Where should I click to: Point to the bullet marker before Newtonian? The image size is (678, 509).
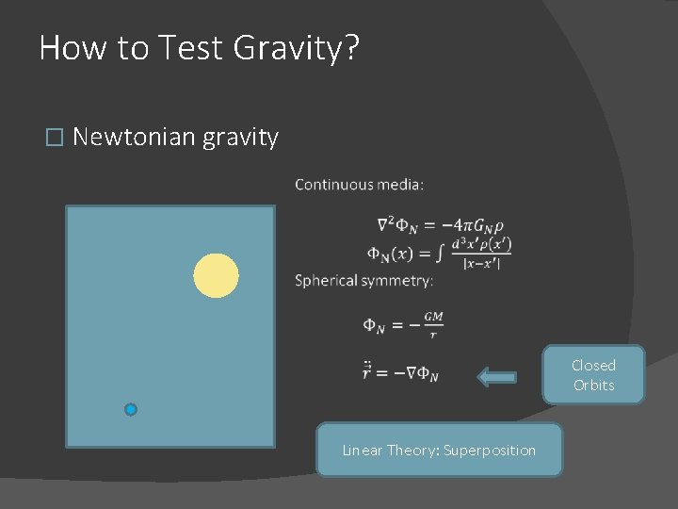(x=54, y=139)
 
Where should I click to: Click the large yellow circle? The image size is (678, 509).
(x=216, y=275)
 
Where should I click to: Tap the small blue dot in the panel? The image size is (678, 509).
(x=131, y=409)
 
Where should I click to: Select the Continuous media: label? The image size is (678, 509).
(x=360, y=185)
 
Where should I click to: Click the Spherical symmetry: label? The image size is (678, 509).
(x=364, y=281)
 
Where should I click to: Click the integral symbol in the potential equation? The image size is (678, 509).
(x=440, y=253)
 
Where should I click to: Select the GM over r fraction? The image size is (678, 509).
(x=433, y=324)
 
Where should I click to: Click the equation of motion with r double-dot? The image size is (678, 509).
(x=400, y=373)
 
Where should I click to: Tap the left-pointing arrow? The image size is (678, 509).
(x=496, y=378)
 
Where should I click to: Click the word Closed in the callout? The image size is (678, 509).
(x=593, y=366)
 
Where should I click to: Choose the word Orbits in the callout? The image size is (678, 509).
(x=593, y=386)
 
